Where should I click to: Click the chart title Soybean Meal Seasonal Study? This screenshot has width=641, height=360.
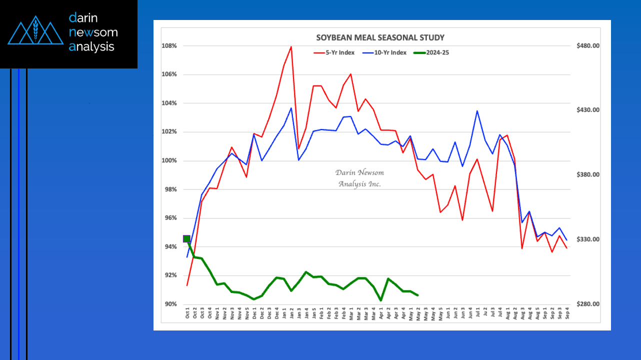[x=380, y=38]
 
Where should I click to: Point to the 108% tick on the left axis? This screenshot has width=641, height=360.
[x=169, y=46]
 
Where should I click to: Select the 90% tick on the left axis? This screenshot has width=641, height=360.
[x=170, y=304]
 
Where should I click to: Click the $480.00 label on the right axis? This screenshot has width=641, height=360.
[x=587, y=46]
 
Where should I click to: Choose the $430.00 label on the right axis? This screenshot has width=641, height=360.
[x=587, y=110]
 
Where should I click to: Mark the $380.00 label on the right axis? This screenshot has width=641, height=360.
[x=587, y=175]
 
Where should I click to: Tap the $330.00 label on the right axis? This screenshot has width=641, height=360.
[x=587, y=239]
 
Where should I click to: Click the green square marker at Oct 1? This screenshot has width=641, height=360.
[x=187, y=239]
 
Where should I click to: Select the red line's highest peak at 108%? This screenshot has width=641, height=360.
[x=291, y=46]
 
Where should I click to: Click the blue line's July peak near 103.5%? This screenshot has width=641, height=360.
[x=477, y=111]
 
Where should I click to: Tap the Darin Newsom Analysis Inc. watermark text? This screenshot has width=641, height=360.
[x=359, y=178]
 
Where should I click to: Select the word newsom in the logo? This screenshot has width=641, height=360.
[x=93, y=32]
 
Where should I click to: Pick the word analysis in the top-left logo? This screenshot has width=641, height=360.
[x=91, y=47]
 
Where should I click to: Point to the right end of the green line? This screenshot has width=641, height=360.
[x=417, y=295]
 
